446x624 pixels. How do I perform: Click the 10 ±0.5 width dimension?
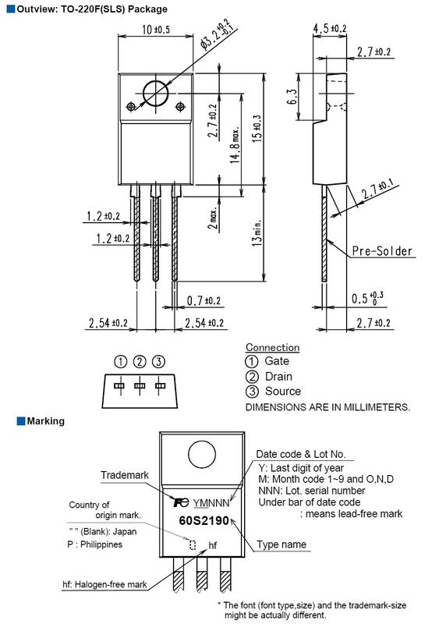coord(156,30)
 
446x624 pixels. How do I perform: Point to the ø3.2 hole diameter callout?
coord(218,34)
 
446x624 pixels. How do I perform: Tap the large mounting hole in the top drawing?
coord(156,94)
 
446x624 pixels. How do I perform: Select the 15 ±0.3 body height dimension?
coord(257,129)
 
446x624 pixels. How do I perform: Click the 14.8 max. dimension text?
coord(235,145)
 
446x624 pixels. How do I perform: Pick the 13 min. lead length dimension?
coord(257,232)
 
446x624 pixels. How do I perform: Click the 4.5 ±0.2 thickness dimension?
coord(329,28)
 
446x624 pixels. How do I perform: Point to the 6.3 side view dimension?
coord(292,97)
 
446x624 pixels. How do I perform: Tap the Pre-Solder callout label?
coord(382,251)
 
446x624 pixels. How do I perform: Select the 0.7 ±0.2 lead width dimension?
coord(204,300)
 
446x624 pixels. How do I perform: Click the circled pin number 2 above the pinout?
coord(140,362)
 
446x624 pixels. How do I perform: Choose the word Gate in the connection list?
coord(277,361)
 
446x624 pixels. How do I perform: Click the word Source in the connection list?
coord(283,392)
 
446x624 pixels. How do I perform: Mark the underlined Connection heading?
coord(273,347)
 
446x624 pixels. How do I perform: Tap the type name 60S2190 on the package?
coord(204,520)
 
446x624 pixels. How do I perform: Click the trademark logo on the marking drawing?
coord(181,502)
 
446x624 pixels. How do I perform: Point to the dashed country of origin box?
coord(193,544)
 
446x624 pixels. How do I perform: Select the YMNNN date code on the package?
coord(211,503)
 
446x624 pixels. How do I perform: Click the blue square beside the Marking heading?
coord(21,421)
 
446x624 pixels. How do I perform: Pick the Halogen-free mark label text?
coord(104,584)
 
